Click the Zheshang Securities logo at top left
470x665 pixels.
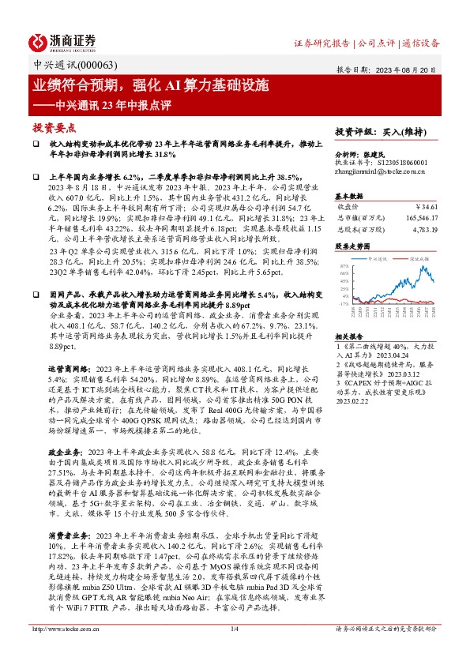pyautogui.click(x=62, y=40)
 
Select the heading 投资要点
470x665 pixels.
pyautogui.click(x=54, y=126)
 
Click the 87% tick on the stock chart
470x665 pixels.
pyautogui.click(x=344, y=267)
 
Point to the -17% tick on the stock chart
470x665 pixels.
pyautogui.click(x=344, y=303)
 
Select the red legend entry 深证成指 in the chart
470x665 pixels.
pyautogui.click(x=420, y=257)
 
